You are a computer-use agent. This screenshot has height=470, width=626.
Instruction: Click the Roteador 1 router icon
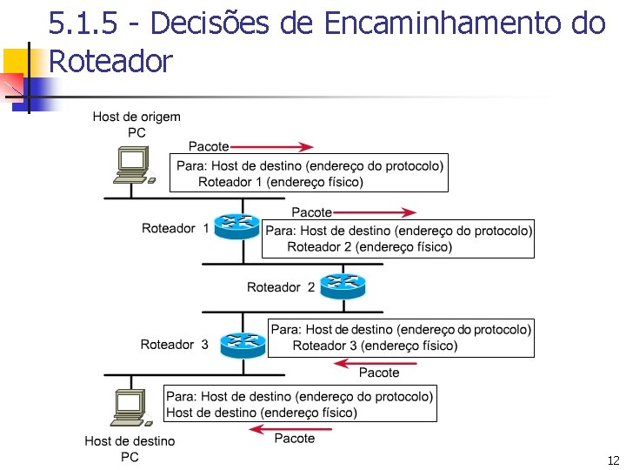[x=236, y=228]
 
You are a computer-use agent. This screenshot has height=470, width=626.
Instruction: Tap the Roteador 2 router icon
[x=343, y=285]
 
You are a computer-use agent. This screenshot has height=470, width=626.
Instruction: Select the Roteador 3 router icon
[x=242, y=344]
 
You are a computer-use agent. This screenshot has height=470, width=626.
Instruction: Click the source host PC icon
[x=133, y=166]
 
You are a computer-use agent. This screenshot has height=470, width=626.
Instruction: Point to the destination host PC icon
[x=130, y=407]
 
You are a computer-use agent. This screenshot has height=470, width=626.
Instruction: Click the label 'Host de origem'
[x=137, y=117]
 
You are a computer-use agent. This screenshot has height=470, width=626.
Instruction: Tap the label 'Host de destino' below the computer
[x=130, y=441]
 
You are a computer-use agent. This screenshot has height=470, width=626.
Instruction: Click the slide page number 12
[x=613, y=460]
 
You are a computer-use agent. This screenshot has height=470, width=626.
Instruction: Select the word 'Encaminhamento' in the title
[x=444, y=23]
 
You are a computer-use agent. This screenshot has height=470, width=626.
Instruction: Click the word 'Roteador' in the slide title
[x=111, y=61]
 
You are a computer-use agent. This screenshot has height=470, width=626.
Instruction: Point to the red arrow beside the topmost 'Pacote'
[x=272, y=146]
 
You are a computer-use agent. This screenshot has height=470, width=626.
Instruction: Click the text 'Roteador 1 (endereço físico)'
[x=281, y=182]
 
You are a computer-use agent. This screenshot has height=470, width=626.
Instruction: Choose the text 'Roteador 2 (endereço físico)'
[x=370, y=247]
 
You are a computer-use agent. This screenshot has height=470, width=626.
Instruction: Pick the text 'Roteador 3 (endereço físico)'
[x=375, y=346]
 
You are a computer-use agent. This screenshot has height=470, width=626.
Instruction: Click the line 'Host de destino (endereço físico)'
[x=261, y=412]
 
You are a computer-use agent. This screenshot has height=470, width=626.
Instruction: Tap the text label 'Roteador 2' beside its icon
[x=281, y=287]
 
